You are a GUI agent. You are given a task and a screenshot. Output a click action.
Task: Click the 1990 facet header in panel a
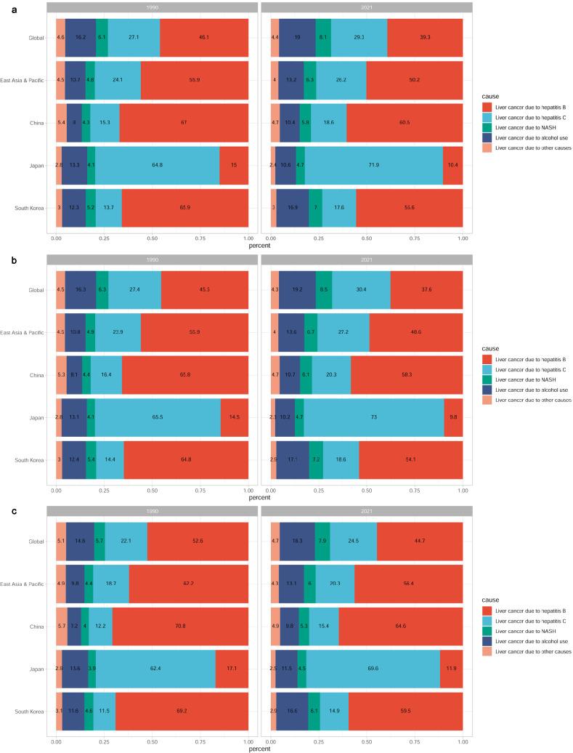[152, 7]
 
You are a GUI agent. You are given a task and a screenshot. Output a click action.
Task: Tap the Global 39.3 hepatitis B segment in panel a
[425, 36]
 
